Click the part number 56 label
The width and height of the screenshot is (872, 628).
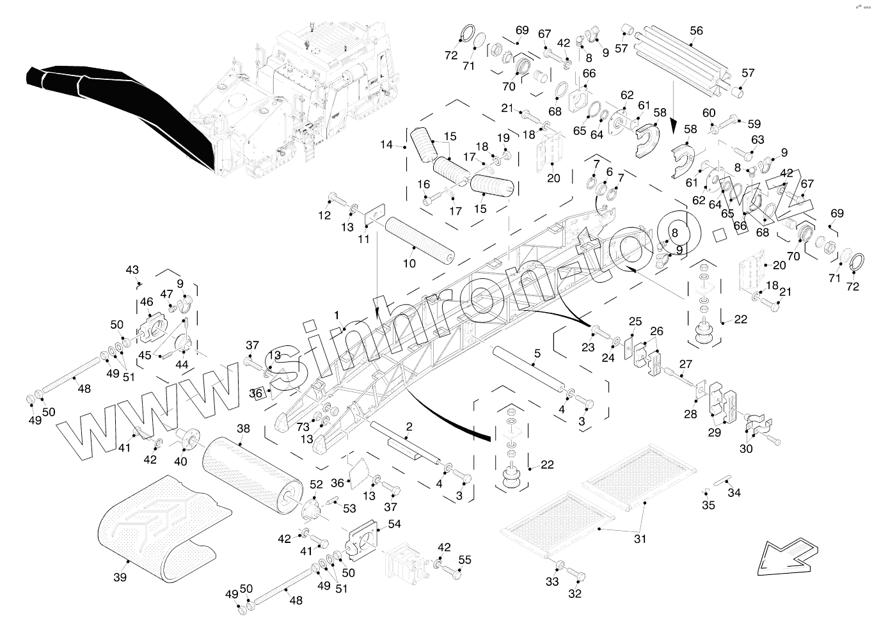[x=696, y=30]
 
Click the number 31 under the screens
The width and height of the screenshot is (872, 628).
[x=640, y=539]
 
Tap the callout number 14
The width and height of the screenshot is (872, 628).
[x=386, y=145]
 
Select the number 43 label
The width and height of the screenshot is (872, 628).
[x=132, y=270]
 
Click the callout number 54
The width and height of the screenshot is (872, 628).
[x=394, y=524]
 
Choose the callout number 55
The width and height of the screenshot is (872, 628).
[x=464, y=560]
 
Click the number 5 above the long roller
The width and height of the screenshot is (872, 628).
[x=537, y=353]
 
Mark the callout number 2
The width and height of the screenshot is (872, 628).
[x=409, y=427]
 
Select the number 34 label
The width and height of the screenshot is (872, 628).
[x=734, y=492]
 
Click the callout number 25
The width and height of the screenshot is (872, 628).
[x=635, y=321]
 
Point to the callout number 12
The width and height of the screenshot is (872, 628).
[x=324, y=216]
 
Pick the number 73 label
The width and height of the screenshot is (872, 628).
[x=303, y=427]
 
